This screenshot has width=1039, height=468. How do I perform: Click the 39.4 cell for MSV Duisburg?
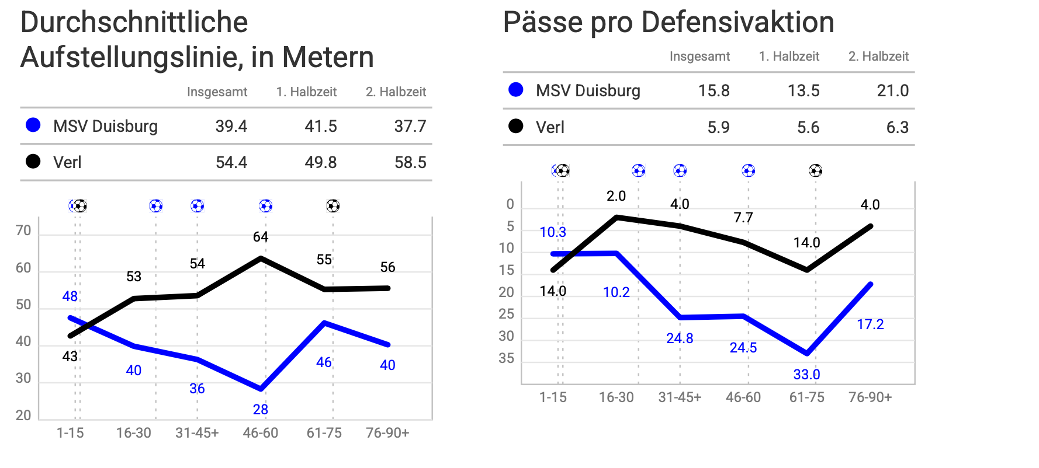231,126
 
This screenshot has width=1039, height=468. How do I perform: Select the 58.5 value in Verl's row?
410,162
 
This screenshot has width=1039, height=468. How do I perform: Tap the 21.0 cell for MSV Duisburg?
893,90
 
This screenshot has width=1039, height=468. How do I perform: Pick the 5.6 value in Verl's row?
808,127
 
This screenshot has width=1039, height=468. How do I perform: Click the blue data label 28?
261,410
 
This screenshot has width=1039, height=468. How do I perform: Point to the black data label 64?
261,237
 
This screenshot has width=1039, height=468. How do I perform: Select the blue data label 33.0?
806,375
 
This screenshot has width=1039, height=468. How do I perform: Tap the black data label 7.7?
743,218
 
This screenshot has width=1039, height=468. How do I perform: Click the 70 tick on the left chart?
23,230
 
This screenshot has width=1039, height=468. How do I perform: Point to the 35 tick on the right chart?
507,358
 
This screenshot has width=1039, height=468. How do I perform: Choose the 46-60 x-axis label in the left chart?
261,433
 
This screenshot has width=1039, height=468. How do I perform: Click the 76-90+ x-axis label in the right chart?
870,397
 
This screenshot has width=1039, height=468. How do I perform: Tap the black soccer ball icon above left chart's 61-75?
333,206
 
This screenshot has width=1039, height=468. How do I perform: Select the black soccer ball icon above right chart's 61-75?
816,170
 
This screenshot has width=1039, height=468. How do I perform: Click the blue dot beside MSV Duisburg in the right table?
516,90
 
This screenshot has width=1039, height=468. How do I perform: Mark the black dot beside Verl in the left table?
33,162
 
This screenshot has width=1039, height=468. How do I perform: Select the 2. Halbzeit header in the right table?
878,56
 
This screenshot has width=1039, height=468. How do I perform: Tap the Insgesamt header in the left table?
217,92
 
